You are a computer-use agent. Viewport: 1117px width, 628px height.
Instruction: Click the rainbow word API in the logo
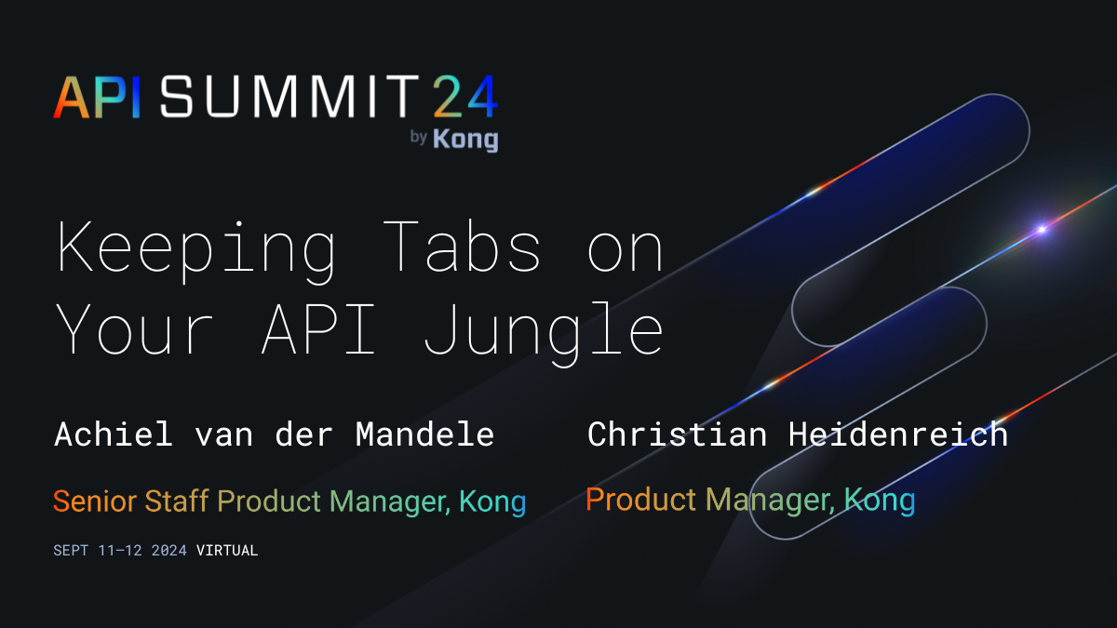tap(97, 97)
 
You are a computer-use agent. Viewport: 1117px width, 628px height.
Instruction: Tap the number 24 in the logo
tap(464, 97)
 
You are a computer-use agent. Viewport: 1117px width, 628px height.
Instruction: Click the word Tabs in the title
tap(462, 249)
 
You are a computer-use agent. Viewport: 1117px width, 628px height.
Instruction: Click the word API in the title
tap(318, 329)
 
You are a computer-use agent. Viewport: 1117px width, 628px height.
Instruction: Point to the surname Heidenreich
tap(898, 434)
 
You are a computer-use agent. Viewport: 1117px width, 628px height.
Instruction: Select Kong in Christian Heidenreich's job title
tap(880, 500)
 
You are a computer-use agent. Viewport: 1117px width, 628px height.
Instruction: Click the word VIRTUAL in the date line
tap(227, 551)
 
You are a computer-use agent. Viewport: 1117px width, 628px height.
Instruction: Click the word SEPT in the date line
tap(72, 551)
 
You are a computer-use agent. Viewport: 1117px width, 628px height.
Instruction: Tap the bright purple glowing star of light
tap(1043, 229)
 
